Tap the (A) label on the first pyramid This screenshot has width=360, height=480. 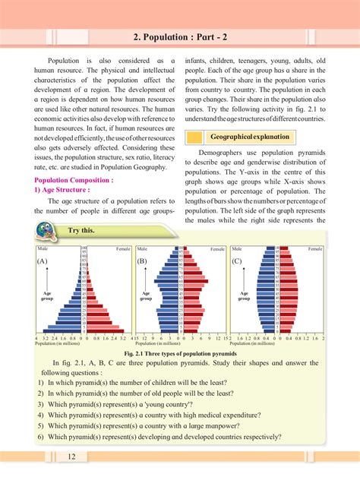[x=43, y=261]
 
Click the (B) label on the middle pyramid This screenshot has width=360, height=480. [x=142, y=261]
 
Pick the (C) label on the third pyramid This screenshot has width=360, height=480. [x=237, y=261]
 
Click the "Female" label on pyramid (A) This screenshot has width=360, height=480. [x=122, y=248]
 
